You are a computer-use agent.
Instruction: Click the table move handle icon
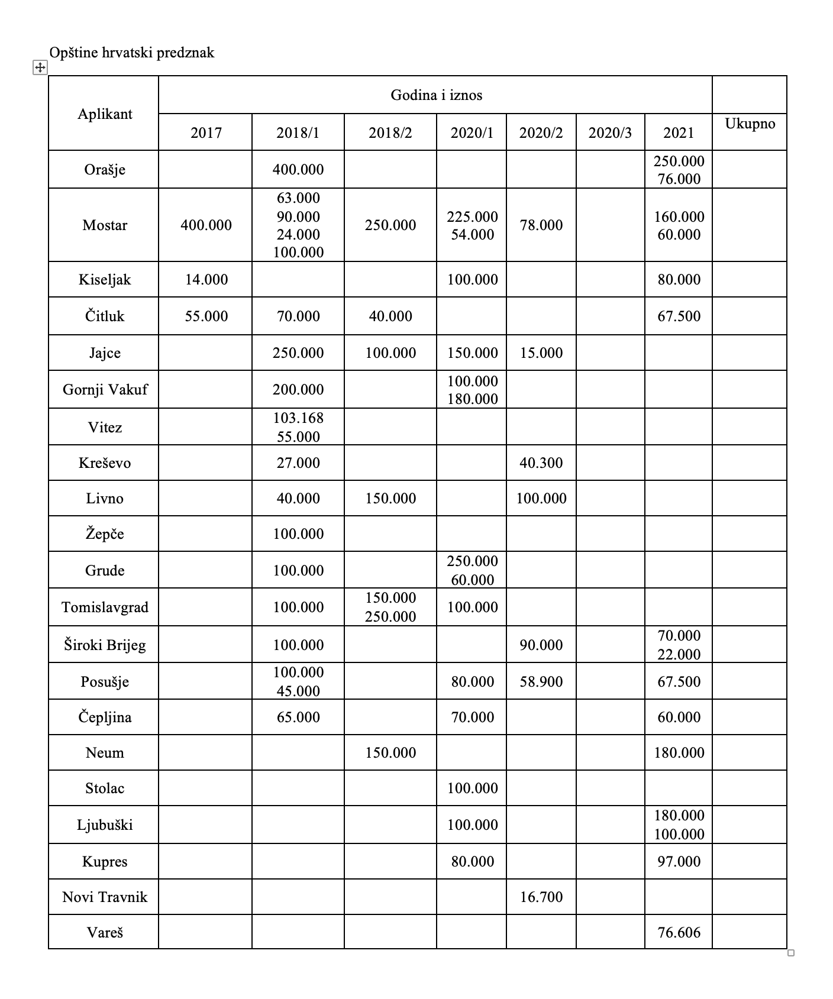coord(39,68)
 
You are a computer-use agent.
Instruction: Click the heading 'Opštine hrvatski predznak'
coord(131,53)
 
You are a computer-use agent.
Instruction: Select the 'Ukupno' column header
coord(750,124)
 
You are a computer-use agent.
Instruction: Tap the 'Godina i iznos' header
coord(436,95)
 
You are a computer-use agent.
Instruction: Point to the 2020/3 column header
coord(610,132)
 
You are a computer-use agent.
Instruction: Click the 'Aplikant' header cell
coord(105,114)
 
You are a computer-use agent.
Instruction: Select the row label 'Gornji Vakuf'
coord(105,389)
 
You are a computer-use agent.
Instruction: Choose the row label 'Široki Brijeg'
coord(105,645)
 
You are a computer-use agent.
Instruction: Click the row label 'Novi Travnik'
coord(105,897)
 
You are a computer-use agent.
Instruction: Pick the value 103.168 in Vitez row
coord(298,418)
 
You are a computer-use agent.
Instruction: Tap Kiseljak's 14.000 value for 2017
coord(206,279)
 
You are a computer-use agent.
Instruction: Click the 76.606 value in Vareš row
coord(679,932)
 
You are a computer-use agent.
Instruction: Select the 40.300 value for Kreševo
coord(541,463)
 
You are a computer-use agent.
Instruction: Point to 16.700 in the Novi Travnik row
coord(541,897)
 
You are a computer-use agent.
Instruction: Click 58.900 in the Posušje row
coord(541,681)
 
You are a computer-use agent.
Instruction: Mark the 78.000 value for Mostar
coord(541,225)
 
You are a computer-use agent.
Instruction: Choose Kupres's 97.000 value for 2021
coord(679,861)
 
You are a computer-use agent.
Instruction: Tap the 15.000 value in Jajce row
coord(541,353)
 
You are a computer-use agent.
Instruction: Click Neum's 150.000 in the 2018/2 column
coord(390,752)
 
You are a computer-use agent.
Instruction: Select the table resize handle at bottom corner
coord(791,952)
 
